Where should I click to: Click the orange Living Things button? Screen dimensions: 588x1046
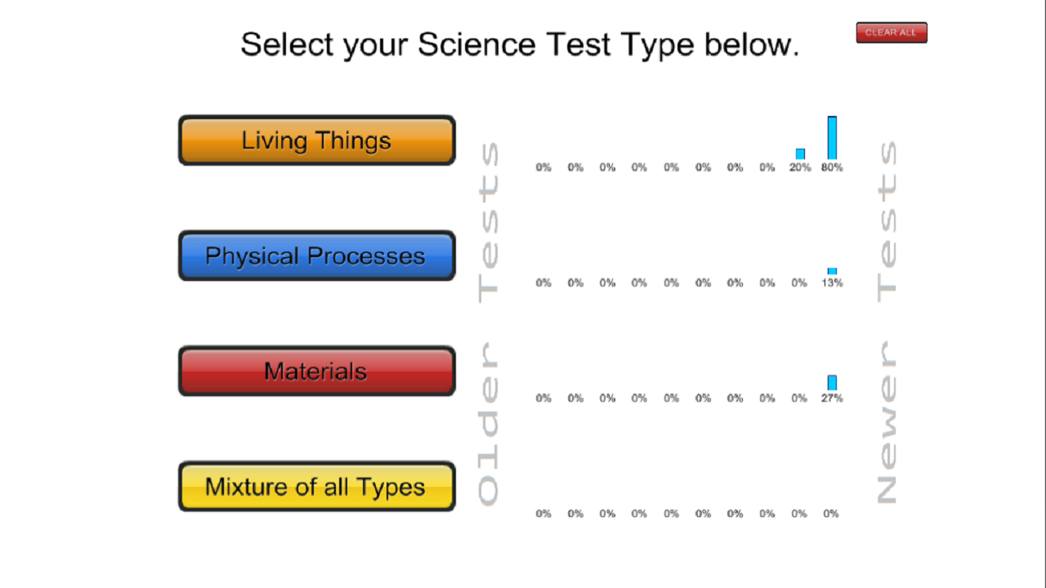pyautogui.click(x=316, y=140)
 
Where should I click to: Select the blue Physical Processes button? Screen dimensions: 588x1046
pyautogui.click(x=316, y=256)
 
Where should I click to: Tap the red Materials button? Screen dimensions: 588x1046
pyautogui.click(x=316, y=371)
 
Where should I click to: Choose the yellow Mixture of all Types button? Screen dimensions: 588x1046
pyautogui.click(x=316, y=487)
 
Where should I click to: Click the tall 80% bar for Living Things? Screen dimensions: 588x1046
pyautogui.click(x=832, y=138)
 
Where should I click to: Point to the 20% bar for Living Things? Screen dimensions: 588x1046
pyautogui.click(x=800, y=154)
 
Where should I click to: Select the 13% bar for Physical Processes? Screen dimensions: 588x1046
pyautogui.click(x=832, y=271)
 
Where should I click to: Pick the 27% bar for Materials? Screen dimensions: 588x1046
pyautogui.click(x=832, y=383)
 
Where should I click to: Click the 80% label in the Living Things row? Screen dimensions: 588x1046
pyautogui.click(x=832, y=167)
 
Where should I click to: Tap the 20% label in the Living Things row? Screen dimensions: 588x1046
pyautogui.click(x=800, y=167)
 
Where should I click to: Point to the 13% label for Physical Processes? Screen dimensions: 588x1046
pyautogui.click(x=832, y=283)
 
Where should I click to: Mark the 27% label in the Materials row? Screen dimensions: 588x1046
pyautogui.click(x=832, y=399)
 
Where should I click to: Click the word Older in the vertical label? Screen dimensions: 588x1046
pyautogui.click(x=488, y=422)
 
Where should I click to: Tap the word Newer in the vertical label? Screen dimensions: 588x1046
pyautogui.click(x=887, y=422)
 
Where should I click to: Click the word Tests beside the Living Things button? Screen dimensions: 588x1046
pyautogui.click(x=488, y=222)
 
